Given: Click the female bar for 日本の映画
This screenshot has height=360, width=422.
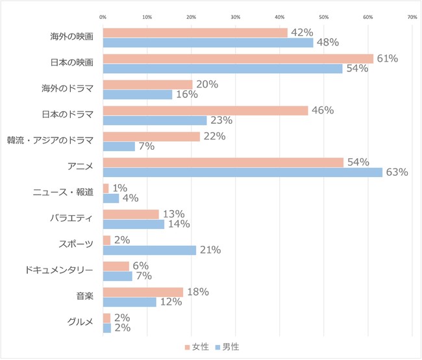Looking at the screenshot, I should point(238,58).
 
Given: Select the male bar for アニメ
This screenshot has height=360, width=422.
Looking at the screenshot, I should point(243,173).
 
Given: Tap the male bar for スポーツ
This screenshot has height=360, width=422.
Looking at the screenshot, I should point(149,250).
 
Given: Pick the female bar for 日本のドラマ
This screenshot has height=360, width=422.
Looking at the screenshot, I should point(205,110).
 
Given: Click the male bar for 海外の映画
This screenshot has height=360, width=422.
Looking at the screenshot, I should point(208,43).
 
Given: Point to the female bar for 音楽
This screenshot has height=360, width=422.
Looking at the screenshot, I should point(143,292).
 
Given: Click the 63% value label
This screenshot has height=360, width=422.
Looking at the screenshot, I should point(397,173).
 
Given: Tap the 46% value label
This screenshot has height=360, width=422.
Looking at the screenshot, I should point(323,110).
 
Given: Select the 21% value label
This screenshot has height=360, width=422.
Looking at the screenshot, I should point(210,250).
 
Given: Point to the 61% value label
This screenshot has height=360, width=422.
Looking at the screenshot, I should point(388,58).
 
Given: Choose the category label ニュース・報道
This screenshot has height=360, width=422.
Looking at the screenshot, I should point(64,192).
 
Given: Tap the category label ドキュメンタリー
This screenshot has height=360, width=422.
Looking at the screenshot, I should point(63,270).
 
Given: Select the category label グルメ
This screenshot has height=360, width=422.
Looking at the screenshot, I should point(81,322).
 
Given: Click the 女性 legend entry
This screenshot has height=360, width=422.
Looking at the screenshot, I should point(196,347).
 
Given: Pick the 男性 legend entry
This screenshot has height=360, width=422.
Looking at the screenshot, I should point(227,347).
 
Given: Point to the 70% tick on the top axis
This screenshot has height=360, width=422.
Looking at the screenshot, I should point(412,17).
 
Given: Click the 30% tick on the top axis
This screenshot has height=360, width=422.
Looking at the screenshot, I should point(236,17).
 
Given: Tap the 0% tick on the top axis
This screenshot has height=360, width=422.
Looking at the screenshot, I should point(103,17).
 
